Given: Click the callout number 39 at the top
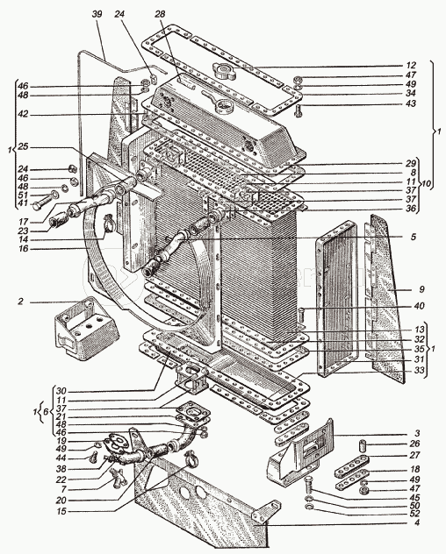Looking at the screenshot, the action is click(97, 14).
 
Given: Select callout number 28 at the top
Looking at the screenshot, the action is click(160, 14).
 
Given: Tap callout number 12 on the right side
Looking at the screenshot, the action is click(411, 66).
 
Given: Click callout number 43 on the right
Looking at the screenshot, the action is click(411, 103).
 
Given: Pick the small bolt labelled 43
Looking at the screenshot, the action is click(299, 111).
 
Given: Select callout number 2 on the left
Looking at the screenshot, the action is click(21, 302).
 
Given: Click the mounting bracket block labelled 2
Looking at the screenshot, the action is click(86, 328).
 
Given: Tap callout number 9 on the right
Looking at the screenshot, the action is click(421, 289).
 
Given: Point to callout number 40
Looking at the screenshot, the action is click(419, 306).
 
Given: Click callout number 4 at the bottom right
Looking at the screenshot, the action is click(417, 522).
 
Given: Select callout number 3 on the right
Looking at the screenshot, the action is click(417, 433).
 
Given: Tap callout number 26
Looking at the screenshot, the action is click(414, 444).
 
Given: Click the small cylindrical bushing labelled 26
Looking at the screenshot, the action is click(363, 445).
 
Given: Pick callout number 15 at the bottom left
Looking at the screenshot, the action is click(62, 511).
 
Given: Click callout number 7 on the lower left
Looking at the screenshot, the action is click(63, 490).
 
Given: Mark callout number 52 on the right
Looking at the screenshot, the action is click(414, 514).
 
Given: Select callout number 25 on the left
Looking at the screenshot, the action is click(23, 146).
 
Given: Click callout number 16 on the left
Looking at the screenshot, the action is click(24, 249).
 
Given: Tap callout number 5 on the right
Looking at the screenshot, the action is click(414, 237).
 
